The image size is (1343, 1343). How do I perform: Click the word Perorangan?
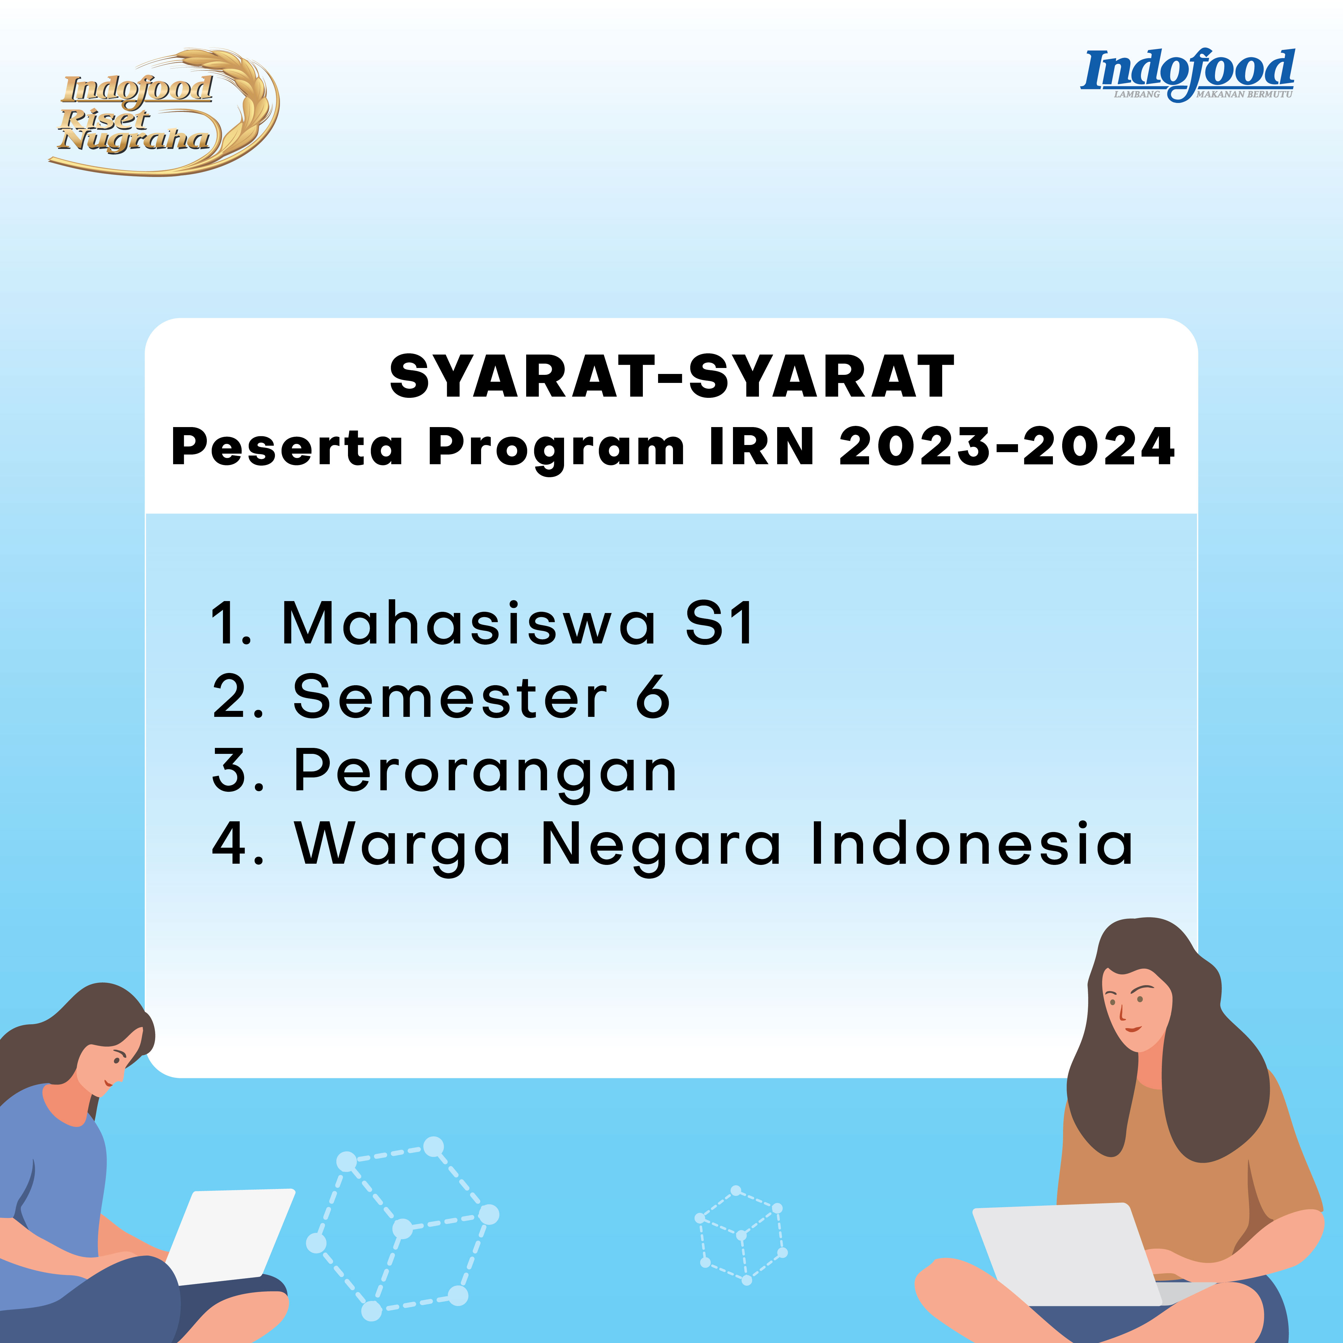tap(485, 773)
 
